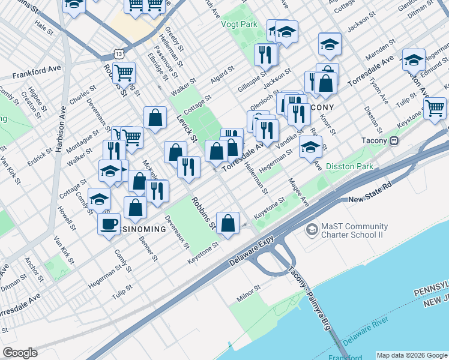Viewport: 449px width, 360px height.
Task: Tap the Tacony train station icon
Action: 394,141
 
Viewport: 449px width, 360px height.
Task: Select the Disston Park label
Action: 349,166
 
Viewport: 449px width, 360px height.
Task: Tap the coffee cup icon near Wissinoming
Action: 109,224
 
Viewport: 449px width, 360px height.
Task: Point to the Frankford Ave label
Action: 37,75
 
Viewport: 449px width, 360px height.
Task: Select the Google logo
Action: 20,353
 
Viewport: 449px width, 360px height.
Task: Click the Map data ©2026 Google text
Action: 411,355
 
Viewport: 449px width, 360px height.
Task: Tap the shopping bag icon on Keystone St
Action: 228,223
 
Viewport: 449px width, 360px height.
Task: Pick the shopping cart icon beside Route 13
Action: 124,73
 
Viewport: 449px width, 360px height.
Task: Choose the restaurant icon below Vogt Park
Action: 265,55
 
